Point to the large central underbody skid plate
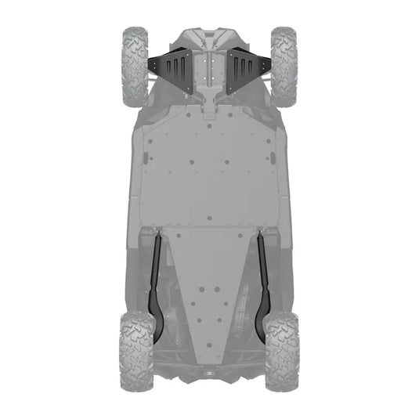209,172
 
